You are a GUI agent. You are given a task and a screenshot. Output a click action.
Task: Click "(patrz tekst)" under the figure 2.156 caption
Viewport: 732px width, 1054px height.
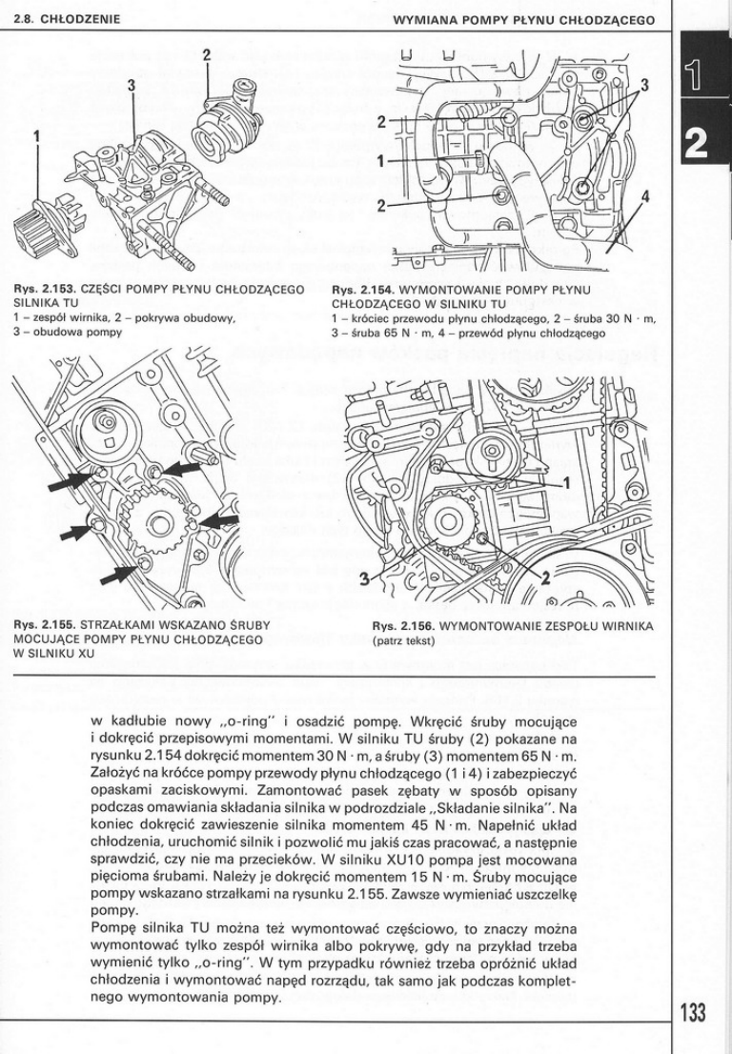point(403,640)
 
